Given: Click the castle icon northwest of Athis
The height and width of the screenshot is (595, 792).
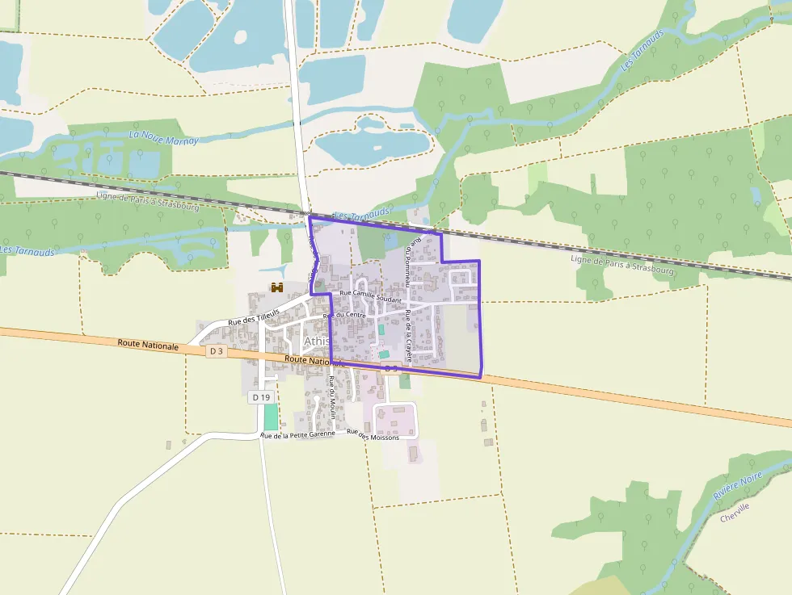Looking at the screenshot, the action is point(277,287).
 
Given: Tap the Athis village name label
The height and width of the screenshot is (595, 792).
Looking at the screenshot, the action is point(316,341).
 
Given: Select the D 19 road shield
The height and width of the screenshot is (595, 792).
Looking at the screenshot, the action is point(260,397).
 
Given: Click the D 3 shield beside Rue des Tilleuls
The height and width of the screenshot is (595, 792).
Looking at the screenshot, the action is point(215,351).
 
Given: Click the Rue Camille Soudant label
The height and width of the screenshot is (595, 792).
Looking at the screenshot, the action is point(371,296).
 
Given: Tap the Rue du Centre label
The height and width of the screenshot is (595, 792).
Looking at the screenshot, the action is point(344,315).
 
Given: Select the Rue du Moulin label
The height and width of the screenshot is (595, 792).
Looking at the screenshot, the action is point(332,396).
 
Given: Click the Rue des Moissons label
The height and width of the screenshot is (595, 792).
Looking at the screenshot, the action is point(373,434).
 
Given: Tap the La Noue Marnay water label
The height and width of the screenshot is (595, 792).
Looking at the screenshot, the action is point(163,137).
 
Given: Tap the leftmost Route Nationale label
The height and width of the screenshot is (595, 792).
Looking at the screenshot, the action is point(148,345).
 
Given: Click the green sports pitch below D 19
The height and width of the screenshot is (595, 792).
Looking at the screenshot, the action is point(270,417).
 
